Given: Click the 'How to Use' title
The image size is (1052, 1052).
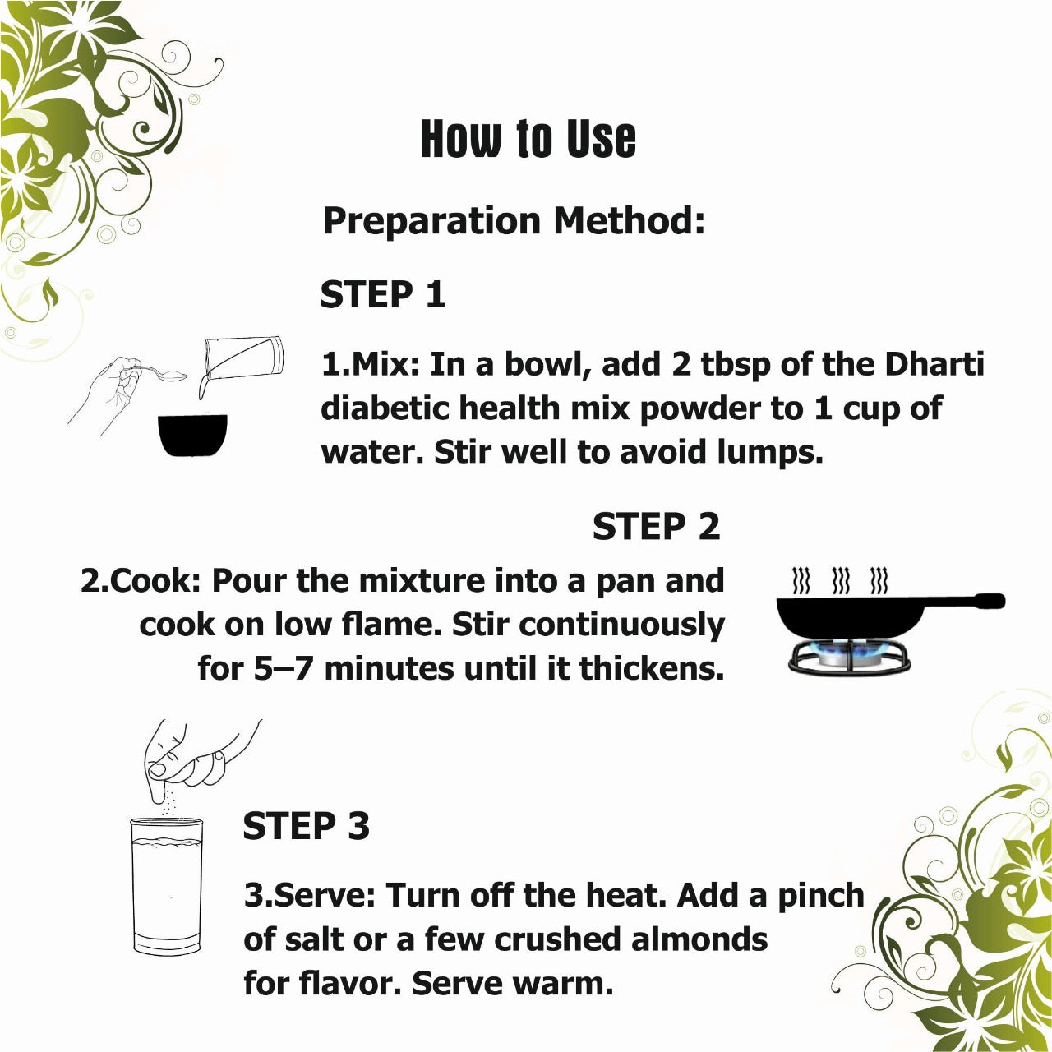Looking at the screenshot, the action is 528,139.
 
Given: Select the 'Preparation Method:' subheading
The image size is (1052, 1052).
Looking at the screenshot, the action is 514,221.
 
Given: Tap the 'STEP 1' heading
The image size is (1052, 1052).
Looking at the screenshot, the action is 383,294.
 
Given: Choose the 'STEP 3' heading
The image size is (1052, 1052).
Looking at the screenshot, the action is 307,825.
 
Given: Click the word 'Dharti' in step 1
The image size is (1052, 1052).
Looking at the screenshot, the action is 934,363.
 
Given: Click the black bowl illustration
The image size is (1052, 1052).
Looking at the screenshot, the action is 192,435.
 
